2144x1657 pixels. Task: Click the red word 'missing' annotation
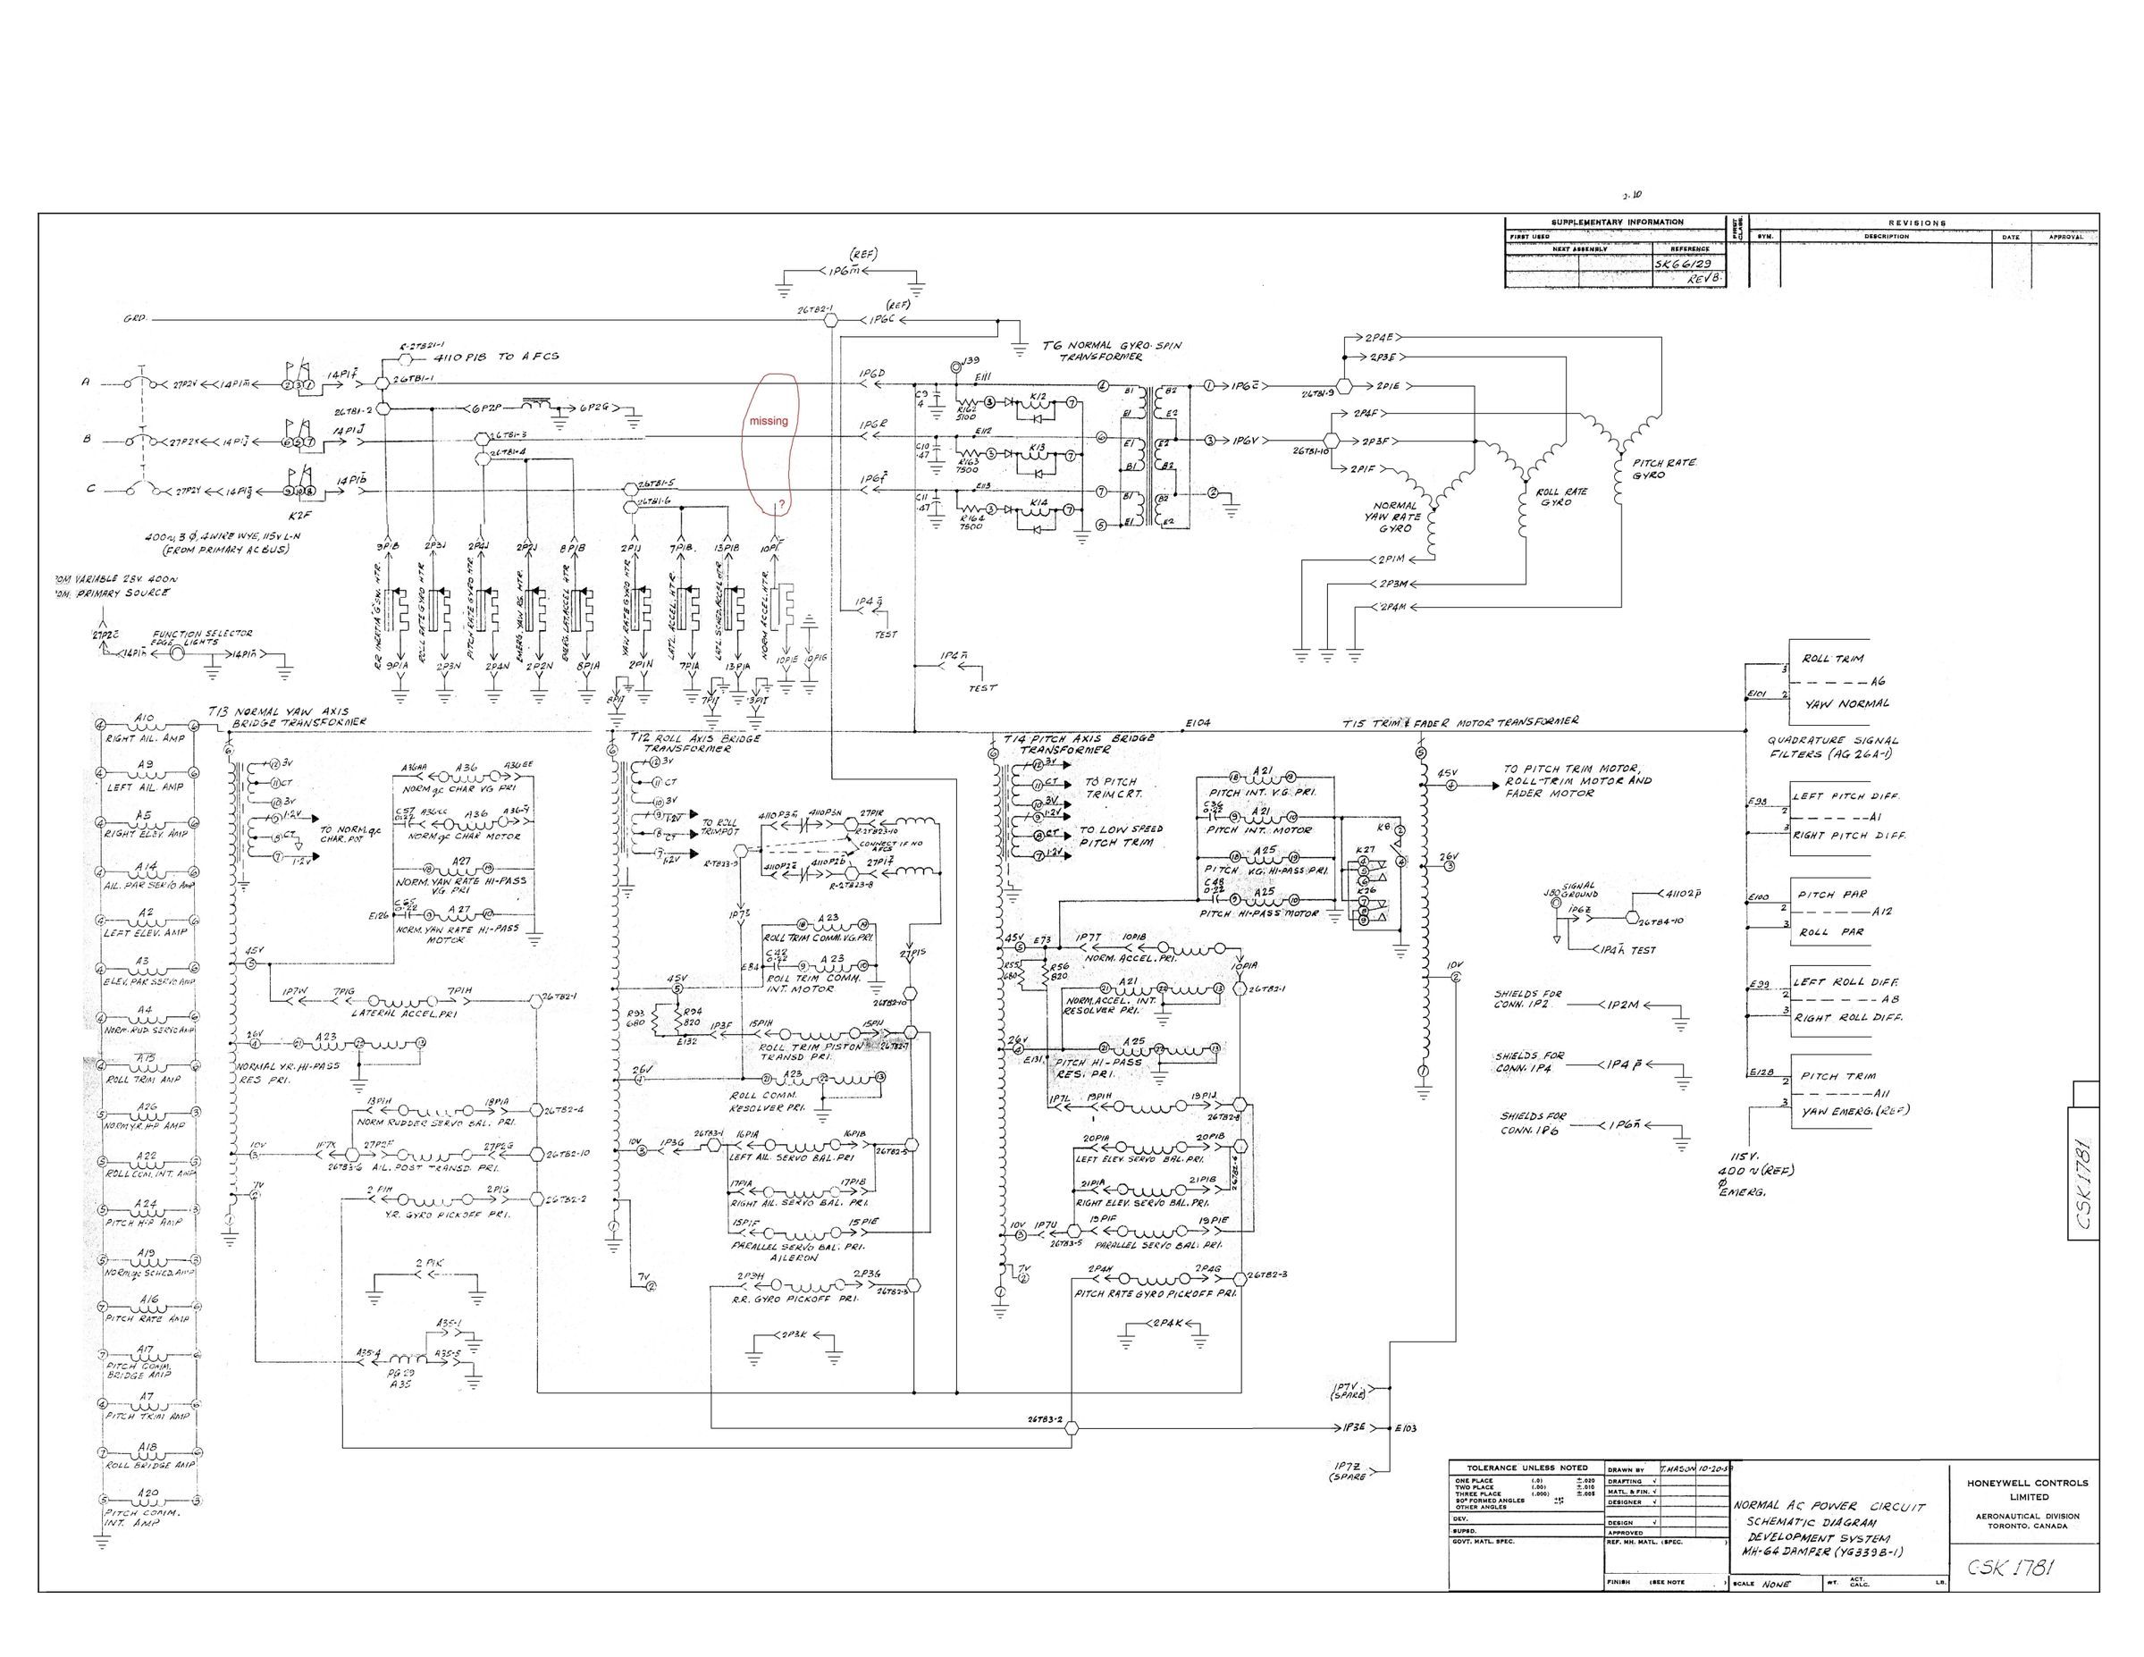[769, 421]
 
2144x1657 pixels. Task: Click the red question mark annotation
[781, 506]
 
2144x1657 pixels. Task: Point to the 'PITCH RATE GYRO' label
[1664, 469]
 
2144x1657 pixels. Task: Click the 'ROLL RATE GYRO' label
[1561, 498]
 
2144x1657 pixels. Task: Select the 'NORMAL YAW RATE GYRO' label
[1395, 517]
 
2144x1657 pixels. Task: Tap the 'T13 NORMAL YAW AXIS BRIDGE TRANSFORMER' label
[288, 717]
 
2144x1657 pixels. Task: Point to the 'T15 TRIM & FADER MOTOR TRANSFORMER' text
[1460, 721]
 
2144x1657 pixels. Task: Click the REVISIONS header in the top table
[1916, 223]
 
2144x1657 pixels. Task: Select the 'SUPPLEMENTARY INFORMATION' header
[1617, 222]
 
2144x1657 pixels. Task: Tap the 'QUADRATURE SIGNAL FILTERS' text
[1834, 747]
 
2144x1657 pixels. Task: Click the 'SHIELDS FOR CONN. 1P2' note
[1529, 999]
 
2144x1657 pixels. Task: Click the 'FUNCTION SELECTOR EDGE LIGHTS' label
[201, 637]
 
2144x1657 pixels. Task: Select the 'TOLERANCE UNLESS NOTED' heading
[1526, 1468]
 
